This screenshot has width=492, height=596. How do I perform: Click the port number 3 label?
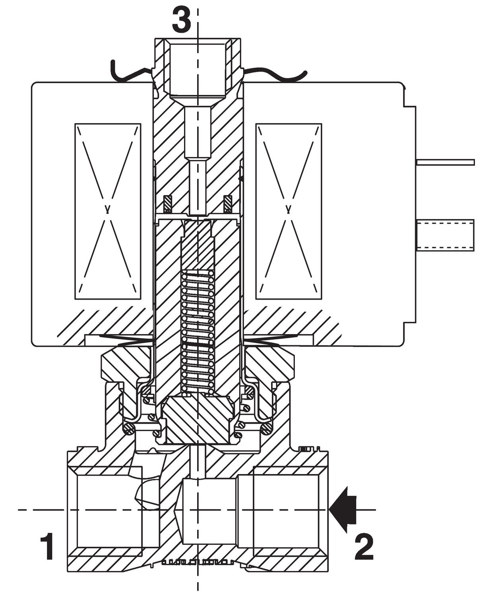coord(181,21)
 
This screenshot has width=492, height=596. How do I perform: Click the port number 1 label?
coord(48,547)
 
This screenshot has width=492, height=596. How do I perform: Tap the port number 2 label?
coord(364,547)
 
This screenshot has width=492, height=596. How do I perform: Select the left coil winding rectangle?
coord(108,211)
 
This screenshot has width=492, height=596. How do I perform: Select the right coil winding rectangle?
coord(289,211)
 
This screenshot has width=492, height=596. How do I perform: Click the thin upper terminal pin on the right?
coord(445,162)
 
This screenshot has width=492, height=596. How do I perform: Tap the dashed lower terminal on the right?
coord(445,235)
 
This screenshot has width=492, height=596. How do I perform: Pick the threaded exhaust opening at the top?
coord(198,68)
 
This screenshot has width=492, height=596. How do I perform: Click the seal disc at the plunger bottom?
coord(198,419)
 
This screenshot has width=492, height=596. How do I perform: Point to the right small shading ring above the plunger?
coord(228,203)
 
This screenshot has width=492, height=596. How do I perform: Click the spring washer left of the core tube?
coord(127,339)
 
